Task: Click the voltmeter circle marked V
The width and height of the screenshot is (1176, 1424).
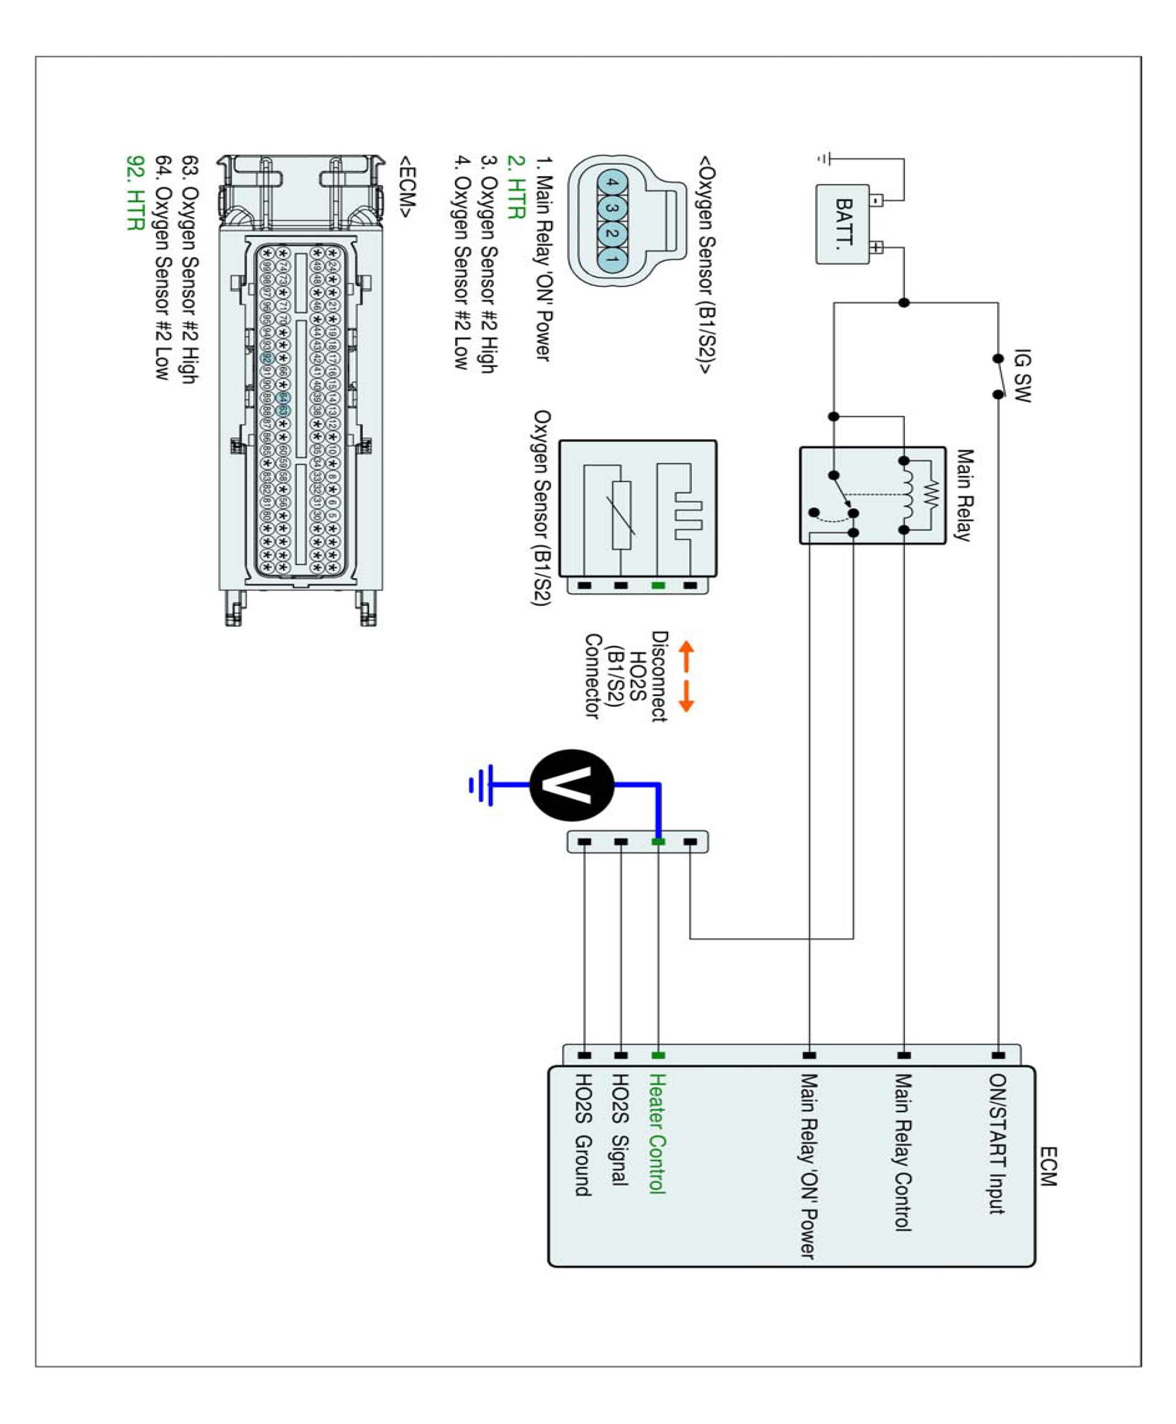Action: click(x=572, y=785)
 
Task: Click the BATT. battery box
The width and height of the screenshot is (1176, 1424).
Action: click(x=843, y=224)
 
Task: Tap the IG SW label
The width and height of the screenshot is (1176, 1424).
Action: click(x=1022, y=376)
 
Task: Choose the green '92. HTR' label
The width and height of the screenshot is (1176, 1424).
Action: click(x=136, y=193)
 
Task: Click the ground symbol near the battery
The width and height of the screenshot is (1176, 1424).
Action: click(x=824, y=159)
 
